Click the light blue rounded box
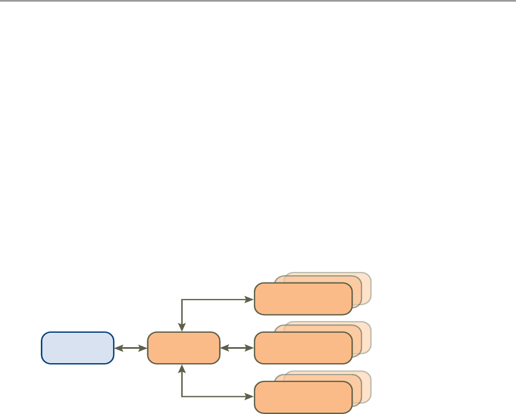[78, 348]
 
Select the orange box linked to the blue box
[183, 348]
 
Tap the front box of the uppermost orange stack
[303, 298]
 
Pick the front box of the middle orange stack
[303, 348]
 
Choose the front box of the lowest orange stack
[303, 397]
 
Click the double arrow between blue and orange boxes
[131, 348]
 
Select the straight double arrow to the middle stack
[237, 348]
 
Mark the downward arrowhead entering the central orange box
[182, 328]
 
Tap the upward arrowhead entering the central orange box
[182, 368]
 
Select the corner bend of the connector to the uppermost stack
[182, 300]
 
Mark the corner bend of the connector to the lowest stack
[182, 397]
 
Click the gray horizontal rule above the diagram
[258, 1]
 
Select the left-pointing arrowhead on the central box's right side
[224, 348]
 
